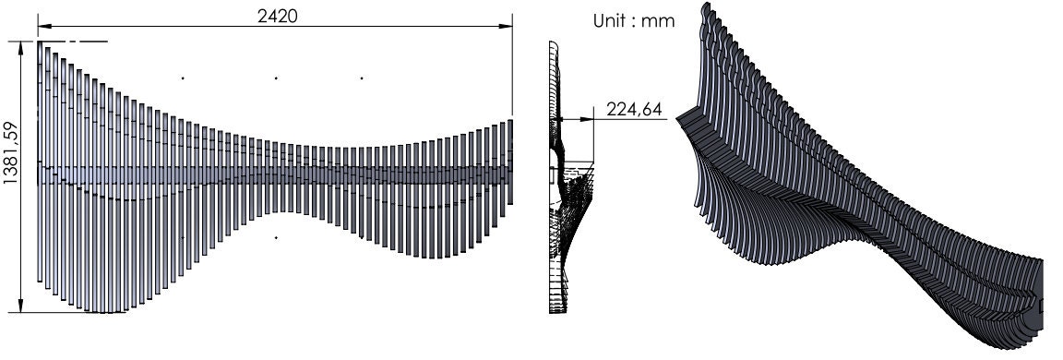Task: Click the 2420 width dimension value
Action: [x=277, y=16]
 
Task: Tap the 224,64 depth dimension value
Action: [x=634, y=110]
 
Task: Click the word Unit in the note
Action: [x=609, y=21]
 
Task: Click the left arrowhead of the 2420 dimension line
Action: [x=42, y=26]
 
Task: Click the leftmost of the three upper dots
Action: [x=183, y=78]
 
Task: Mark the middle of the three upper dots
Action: [x=276, y=78]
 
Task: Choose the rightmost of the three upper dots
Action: [x=362, y=78]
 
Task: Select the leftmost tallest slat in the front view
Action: [x=41, y=162]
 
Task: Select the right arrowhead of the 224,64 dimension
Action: [x=590, y=118]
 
